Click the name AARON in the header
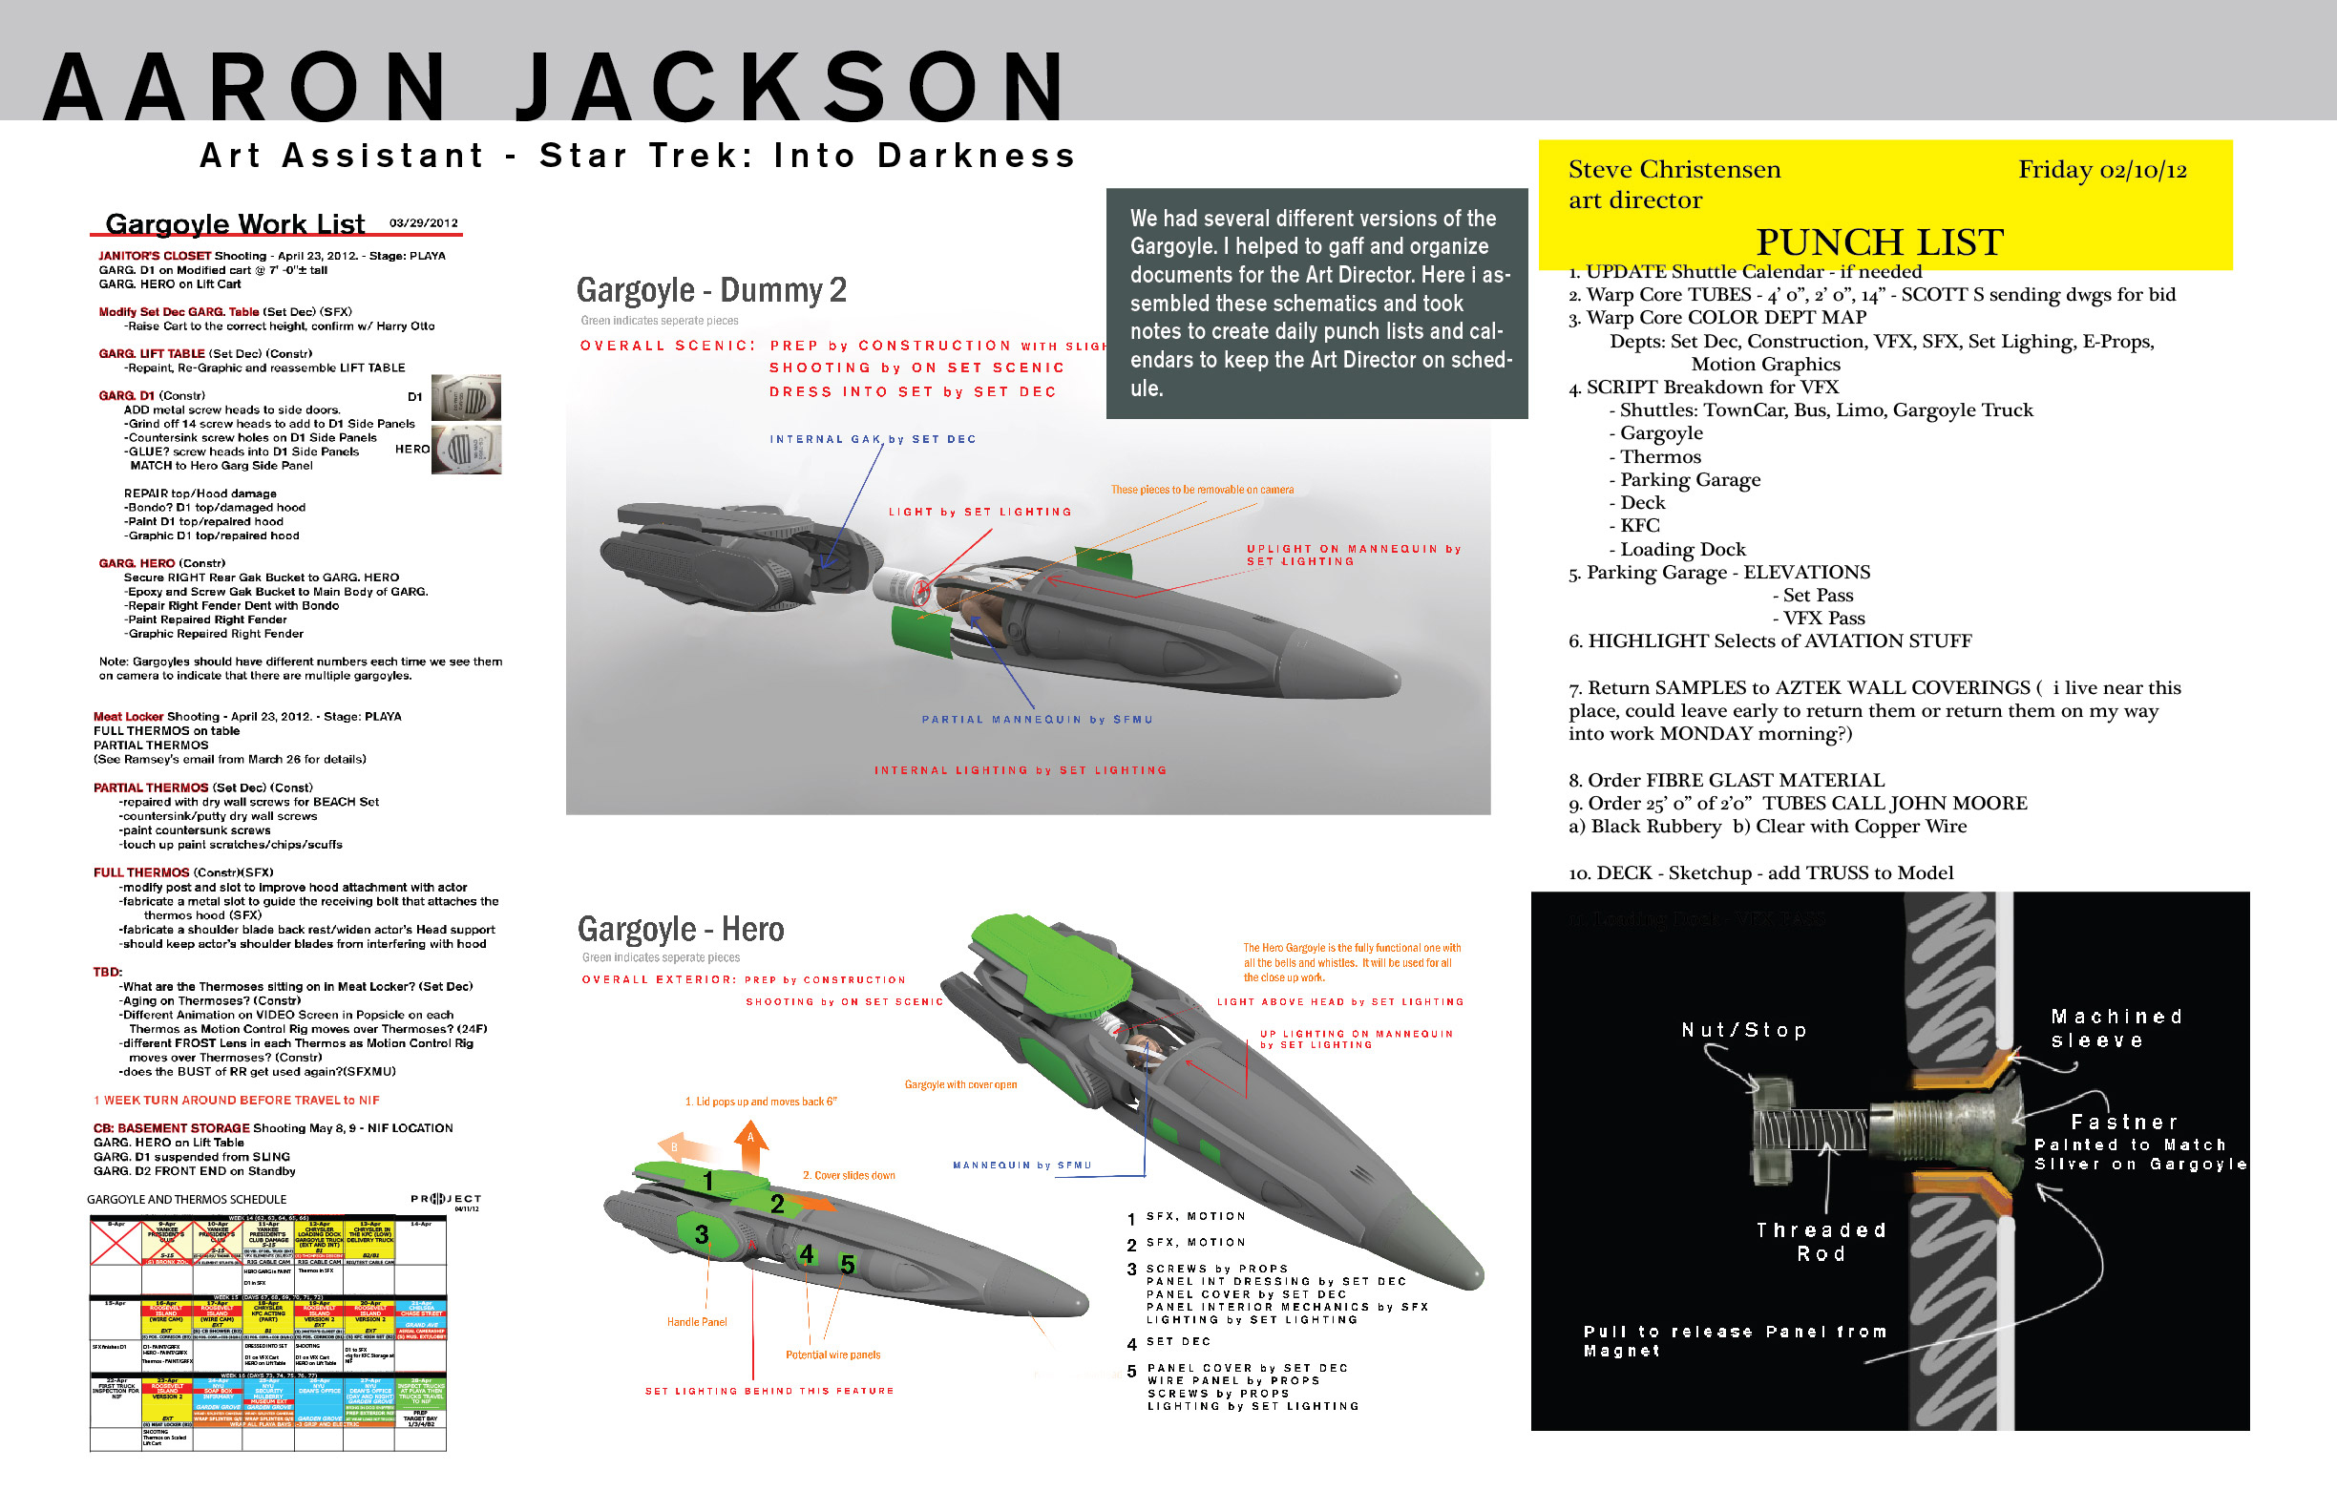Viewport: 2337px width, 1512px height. click(245, 87)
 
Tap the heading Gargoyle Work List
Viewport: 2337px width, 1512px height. click(235, 224)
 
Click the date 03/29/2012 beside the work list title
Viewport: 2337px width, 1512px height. click(423, 222)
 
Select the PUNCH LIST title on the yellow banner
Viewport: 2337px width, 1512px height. click(1879, 242)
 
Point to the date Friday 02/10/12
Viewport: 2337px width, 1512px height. click(2101, 170)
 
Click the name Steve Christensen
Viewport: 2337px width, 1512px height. click(1674, 170)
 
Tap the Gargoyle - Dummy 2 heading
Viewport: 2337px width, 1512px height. click(711, 290)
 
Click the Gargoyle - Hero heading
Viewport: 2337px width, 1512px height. click(681, 929)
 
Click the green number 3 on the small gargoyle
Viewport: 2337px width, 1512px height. click(701, 1234)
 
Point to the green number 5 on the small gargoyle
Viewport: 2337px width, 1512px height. click(847, 1265)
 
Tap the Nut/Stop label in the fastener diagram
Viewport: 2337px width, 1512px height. click(1743, 1030)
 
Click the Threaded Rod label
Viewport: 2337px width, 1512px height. click(1821, 1242)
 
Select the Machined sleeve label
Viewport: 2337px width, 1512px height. click(2116, 1028)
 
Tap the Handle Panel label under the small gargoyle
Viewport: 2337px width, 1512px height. click(697, 1322)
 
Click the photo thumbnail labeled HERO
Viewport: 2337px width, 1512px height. click(467, 450)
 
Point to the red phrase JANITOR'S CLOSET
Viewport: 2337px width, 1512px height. click(154, 256)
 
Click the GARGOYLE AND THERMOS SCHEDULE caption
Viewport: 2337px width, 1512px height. click(186, 1200)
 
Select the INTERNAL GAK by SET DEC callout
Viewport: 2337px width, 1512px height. click(872, 439)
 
